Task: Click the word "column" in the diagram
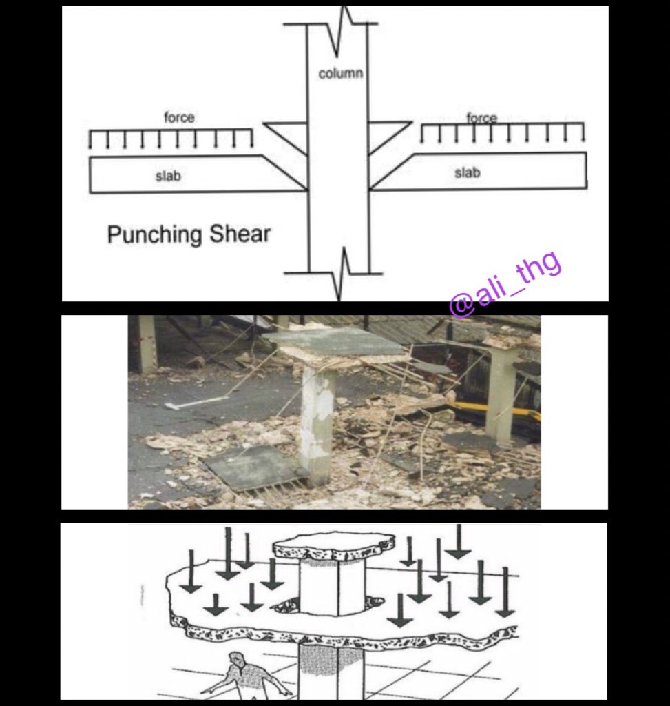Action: [340, 73]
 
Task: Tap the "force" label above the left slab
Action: [179, 118]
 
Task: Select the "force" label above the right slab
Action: [482, 118]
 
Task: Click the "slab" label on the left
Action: [168, 176]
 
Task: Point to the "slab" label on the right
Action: [467, 172]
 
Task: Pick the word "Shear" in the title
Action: [240, 234]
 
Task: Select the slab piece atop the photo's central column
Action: [333, 342]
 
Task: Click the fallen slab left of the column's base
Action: [252, 468]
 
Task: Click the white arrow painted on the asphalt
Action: [198, 403]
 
